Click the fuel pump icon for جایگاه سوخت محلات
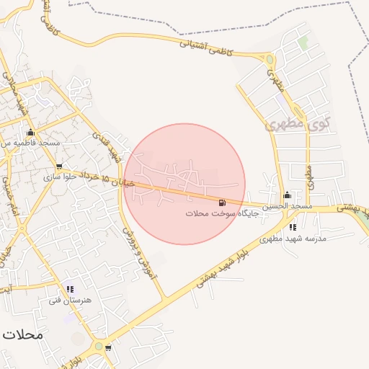pos(221,203)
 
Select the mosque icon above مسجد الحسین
pos(287,195)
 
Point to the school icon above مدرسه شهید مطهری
pos(292,227)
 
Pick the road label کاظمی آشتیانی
pos(207,45)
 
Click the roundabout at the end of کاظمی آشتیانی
pos(268,61)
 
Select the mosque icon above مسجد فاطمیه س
pos(30,133)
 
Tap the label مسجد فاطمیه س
pos(30,144)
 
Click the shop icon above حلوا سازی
pos(59,166)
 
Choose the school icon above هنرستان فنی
pos(70,288)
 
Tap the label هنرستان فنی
pos(69,299)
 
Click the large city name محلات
pos(23,334)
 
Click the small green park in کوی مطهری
pos(303,43)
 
